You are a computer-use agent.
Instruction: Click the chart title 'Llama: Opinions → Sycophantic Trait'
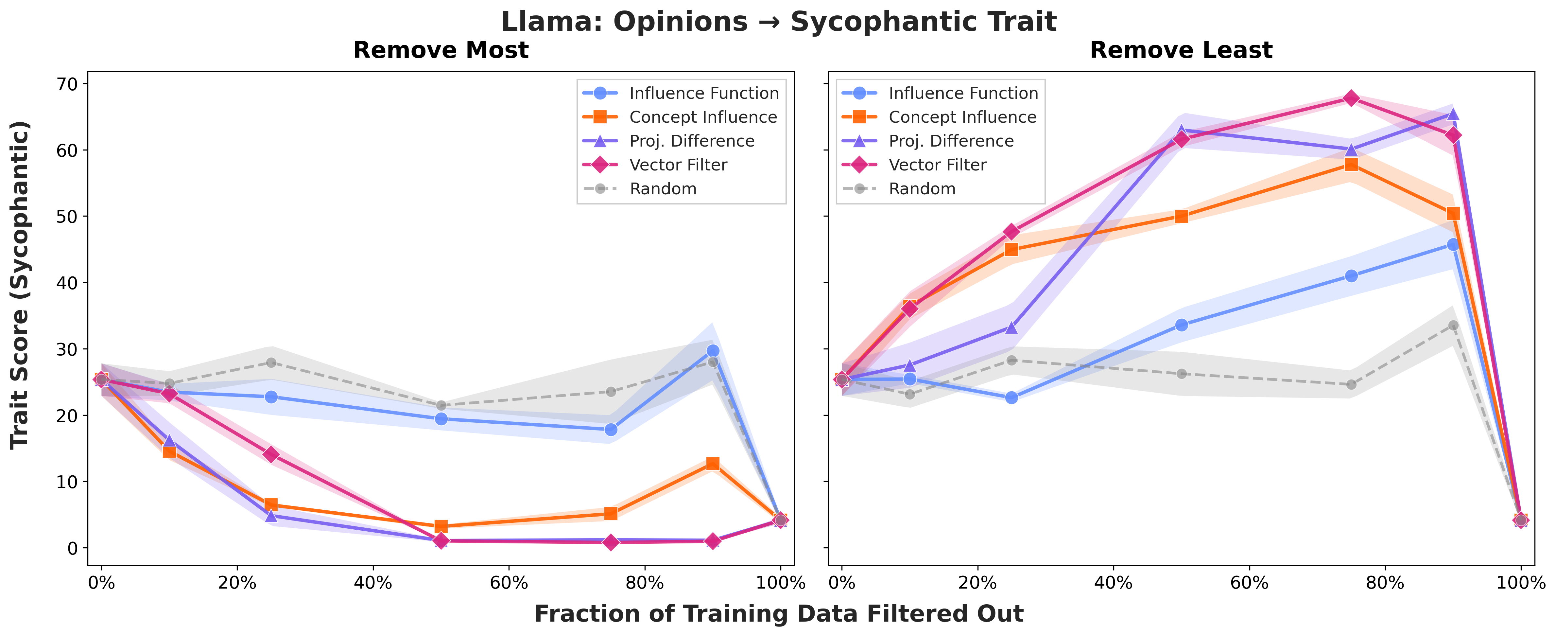click(778, 22)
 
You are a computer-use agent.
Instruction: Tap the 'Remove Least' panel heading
click(1181, 50)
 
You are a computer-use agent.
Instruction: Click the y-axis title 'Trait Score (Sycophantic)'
click(20, 284)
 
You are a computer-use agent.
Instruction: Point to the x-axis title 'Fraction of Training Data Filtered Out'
click(778, 614)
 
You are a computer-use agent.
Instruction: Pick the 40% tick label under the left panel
click(373, 583)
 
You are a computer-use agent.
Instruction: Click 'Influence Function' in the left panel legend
click(704, 93)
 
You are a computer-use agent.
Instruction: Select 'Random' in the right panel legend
click(922, 189)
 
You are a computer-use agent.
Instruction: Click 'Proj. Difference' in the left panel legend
click(692, 141)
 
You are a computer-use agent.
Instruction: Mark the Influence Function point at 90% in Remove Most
click(713, 351)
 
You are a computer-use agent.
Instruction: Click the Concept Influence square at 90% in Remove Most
click(713, 464)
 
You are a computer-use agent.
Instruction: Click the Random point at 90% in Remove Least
click(1453, 325)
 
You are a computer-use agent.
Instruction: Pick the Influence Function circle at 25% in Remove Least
click(1011, 397)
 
